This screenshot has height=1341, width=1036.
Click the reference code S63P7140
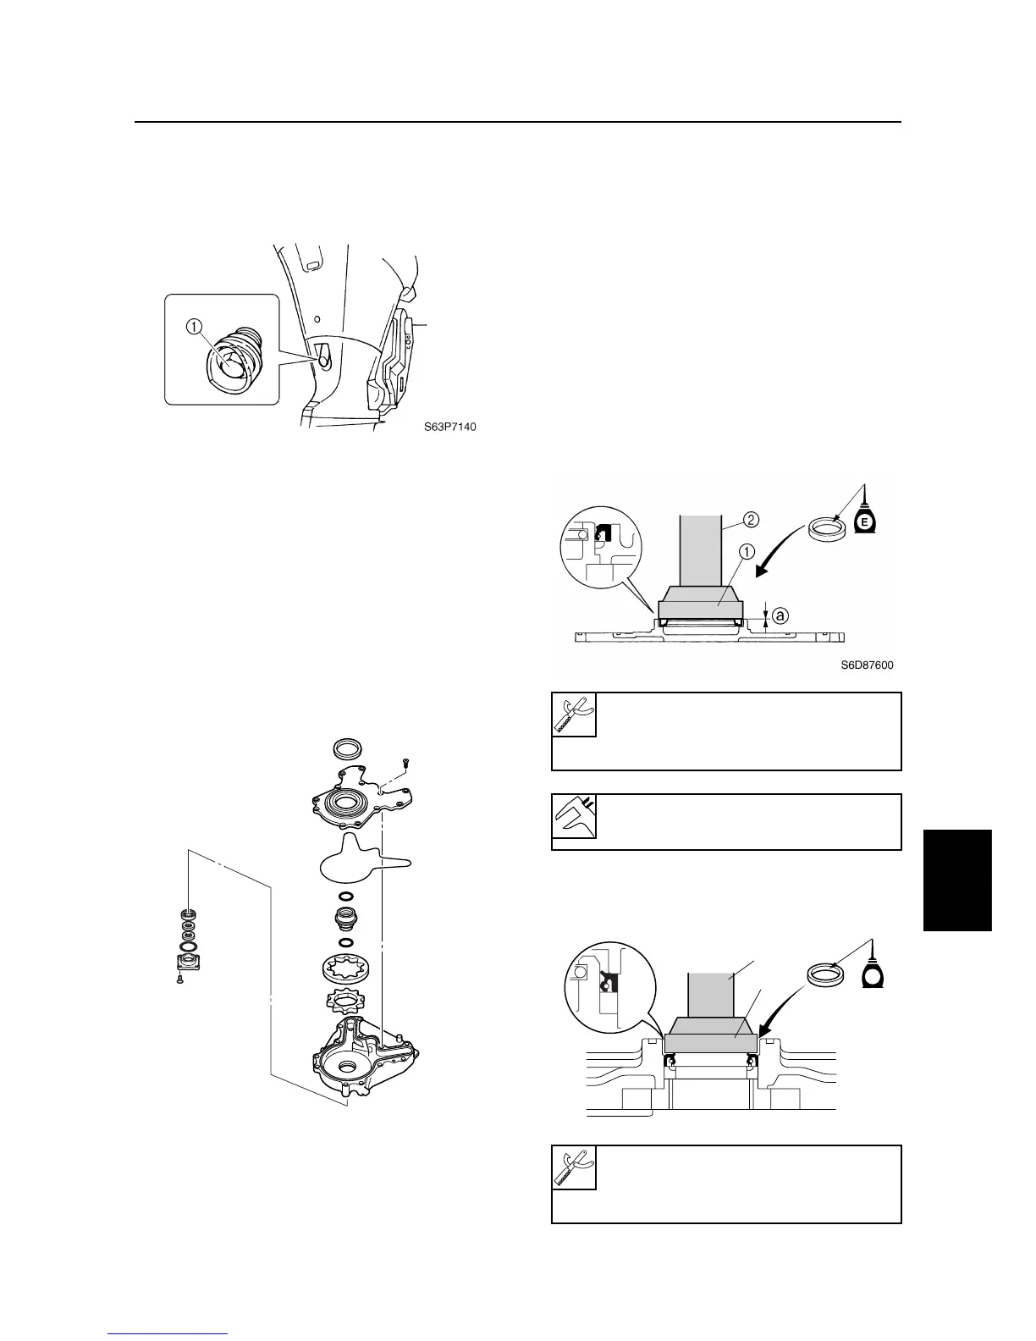[449, 427]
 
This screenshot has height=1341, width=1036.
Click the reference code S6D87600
[866, 665]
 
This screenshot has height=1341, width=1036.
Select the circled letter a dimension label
[780, 616]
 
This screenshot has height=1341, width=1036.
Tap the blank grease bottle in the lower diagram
[872, 974]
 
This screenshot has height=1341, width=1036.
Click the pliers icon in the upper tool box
[574, 715]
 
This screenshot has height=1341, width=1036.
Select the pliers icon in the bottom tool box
[574, 1167]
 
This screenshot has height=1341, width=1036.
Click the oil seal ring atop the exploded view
[347, 749]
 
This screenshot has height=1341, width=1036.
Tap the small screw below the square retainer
[180, 980]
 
